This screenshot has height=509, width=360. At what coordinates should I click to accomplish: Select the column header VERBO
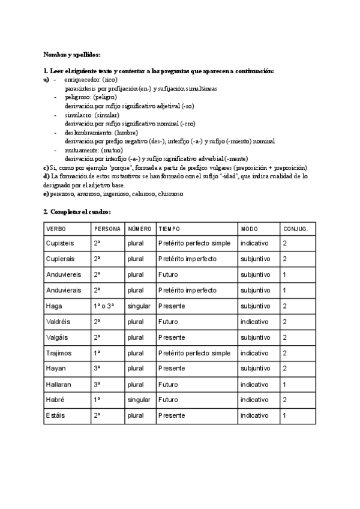pyautogui.click(x=56, y=229)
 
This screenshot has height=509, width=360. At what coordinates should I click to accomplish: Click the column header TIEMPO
pyautogui.click(x=169, y=229)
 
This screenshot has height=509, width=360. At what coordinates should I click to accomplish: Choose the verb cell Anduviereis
pyautogui.click(x=64, y=274)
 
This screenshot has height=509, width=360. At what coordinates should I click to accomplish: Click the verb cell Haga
pyautogui.click(x=54, y=306)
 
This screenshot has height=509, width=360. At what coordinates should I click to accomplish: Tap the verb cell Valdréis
pyautogui.click(x=59, y=321)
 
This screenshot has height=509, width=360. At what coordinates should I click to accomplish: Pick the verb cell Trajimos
pyautogui.click(x=59, y=352)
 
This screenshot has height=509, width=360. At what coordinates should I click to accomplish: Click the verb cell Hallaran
pyautogui.click(x=59, y=384)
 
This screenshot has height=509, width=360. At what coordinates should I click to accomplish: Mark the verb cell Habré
pyautogui.click(x=55, y=399)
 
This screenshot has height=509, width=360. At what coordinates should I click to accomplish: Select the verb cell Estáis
pyautogui.click(x=56, y=415)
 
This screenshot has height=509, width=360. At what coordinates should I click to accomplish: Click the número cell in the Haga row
pyautogui.click(x=139, y=306)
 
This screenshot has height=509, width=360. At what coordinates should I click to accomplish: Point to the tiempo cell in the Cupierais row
pyautogui.click(x=187, y=259)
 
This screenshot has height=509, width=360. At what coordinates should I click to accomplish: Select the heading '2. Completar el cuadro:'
pyautogui.click(x=77, y=212)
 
